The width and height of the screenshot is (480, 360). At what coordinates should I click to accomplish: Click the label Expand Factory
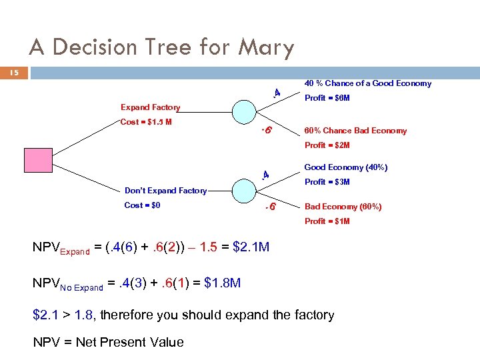tap(150, 107)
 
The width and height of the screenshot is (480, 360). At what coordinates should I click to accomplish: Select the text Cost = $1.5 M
tap(146, 122)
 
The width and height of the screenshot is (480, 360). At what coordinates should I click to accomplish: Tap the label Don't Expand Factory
tap(166, 191)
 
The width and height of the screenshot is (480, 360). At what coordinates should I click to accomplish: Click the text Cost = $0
tap(142, 205)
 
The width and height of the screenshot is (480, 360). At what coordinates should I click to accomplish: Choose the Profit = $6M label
tap(327, 98)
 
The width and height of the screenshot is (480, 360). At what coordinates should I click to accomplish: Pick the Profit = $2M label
tap(327, 145)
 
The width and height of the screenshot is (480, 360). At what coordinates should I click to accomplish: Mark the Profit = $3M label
tap(327, 182)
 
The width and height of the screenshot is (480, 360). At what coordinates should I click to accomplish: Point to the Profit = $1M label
tap(327, 221)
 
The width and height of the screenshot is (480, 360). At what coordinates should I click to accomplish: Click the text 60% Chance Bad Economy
tap(355, 131)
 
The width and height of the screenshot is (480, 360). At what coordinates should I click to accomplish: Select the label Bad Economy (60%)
tap(343, 207)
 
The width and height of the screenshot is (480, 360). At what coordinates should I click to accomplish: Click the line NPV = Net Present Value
tap(108, 342)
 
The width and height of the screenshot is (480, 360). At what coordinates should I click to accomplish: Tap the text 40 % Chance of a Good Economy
tap(367, 83)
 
